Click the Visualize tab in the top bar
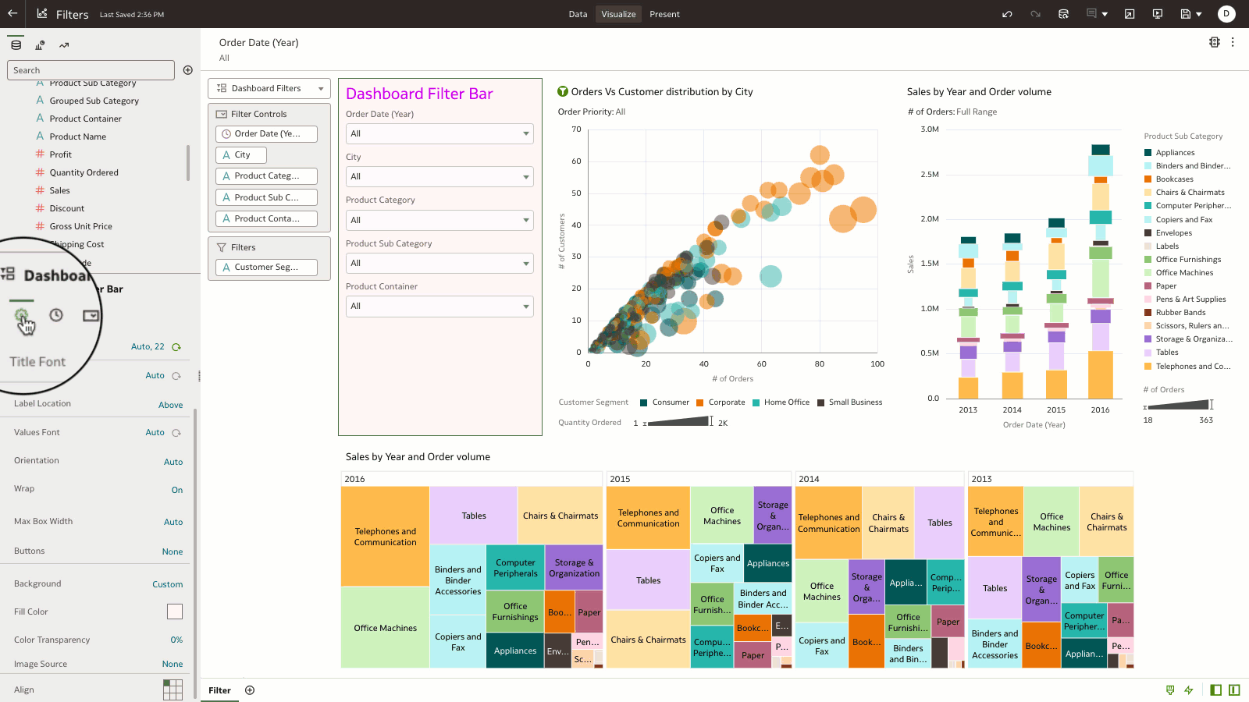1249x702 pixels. (x=618, y=14)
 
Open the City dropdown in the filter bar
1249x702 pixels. (x=439, y=177)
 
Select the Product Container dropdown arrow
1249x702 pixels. (x=526, y=307)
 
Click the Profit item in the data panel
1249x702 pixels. (x=60, y=154)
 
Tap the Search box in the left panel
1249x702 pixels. (x=91, y=70)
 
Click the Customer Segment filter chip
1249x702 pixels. (x=266, y=268)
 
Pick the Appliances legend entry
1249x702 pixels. (x=1175, y=153)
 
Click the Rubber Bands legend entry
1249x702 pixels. (x=1180, y=313)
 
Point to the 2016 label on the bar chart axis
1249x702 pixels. (x=1100, y=410)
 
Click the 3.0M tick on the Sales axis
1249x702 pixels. (x=929, y=129)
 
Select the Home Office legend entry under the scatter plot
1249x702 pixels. (x=786, y=402)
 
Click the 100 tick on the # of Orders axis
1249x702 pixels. (x=877, y=364)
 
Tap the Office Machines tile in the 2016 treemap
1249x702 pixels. (x=385, y=628)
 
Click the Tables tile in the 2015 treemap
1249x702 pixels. (x=648, y=580)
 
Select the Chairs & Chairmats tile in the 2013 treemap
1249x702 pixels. (x=1106, y=522)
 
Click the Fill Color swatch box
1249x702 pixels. (x=175, y=612)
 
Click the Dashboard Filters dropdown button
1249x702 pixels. (x=269, y=89)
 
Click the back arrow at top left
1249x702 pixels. (x=12, y=14)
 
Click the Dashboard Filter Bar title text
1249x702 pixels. (x=419, y=94)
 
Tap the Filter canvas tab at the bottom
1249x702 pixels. (x=219, y=690)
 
